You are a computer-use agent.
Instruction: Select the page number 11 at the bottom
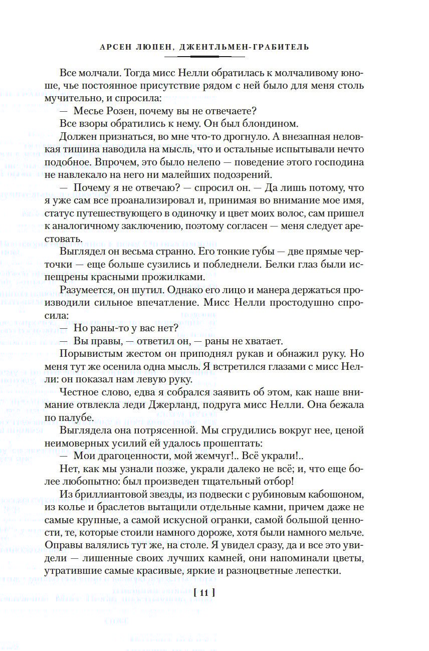203,593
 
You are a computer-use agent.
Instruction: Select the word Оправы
78,545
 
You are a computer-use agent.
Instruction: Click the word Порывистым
88,353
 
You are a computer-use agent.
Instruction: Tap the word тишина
93,149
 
